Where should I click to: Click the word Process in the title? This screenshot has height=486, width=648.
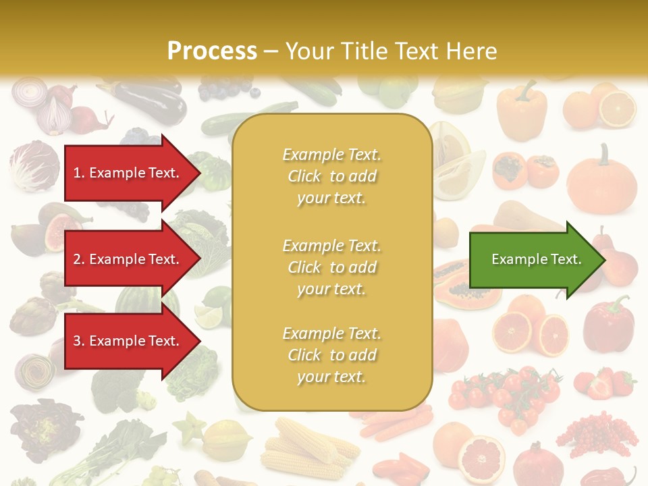[212, 51]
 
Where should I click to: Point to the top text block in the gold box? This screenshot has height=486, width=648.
[331, 176]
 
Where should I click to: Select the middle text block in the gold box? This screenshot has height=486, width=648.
[331, 267]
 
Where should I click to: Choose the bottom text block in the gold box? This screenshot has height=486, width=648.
[331, 355]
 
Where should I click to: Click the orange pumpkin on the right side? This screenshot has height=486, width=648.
[601, 182]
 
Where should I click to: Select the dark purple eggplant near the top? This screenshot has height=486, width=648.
[152, 101]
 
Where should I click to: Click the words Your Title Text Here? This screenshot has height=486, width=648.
[391, 51]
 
